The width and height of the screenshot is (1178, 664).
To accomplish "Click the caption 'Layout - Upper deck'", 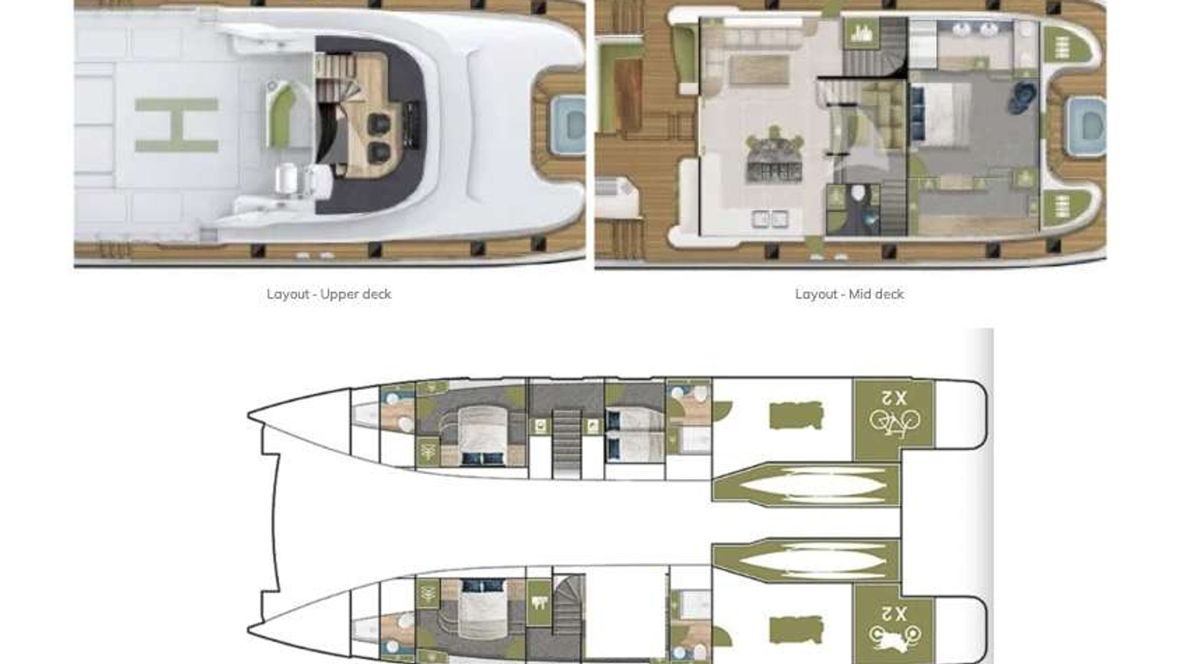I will coord(329,294).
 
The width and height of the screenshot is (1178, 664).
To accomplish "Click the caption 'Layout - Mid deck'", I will coord(849,294).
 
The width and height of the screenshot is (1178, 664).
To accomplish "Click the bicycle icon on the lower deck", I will coord(894,422).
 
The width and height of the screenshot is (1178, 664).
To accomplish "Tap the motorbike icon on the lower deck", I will coord(894,636).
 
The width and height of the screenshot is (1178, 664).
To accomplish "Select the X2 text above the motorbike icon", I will coord(894,613).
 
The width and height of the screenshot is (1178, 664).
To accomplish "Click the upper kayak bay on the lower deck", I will coord(806,484).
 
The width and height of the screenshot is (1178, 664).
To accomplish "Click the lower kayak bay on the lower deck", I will coord(806,560).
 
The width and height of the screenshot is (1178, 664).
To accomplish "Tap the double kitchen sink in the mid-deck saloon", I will coord(771,218).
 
